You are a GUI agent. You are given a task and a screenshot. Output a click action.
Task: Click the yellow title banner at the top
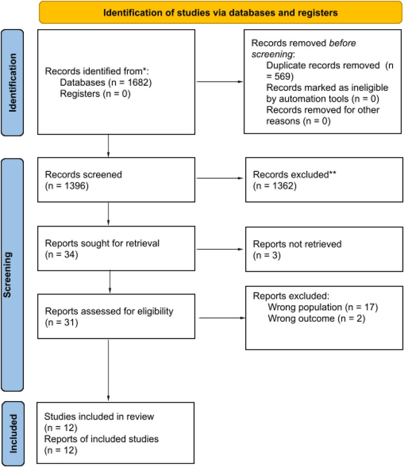coord(221,12)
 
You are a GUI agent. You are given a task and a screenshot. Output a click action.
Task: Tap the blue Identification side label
coord(12,83)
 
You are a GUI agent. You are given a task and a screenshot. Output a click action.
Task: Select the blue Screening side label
coord(12,275)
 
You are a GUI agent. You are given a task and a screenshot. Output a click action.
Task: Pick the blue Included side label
coord(13,433)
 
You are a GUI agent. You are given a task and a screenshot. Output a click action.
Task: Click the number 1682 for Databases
coord(140,83)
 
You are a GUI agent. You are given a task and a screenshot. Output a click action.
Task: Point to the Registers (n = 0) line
coord(95,94)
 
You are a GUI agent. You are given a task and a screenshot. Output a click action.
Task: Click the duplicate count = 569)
coord(280,76)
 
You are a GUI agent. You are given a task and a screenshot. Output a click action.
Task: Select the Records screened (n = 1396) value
coord(66,186)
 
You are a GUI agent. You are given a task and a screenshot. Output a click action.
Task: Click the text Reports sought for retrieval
coord(102,243)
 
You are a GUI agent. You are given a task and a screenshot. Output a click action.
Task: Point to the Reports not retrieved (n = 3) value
coord(267,255)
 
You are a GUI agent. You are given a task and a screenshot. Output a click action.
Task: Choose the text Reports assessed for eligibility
coord(109,311)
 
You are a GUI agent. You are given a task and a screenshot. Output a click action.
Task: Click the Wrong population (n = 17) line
coord(322,307)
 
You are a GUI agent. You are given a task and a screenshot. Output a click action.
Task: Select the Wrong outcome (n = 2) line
coord(316,318)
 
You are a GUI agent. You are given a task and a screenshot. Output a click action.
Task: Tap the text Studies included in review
coord(99,417)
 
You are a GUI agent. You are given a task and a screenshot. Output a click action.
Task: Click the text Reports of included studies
coord(102,439)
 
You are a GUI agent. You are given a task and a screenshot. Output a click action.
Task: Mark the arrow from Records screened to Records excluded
coord(220,178)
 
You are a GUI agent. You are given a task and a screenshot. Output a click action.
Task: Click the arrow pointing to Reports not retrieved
coord(220,249)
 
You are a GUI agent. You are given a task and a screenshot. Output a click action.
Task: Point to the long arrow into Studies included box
coord(109,370)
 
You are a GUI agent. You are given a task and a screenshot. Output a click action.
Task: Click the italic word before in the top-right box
coord(342,43)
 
